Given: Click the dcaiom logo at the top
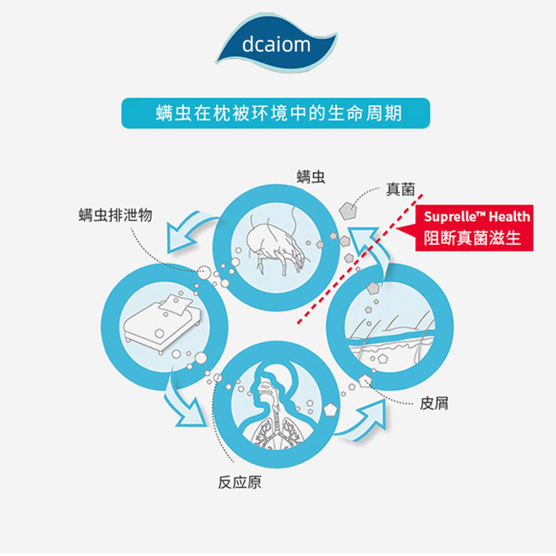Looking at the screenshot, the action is pyautogui.click(x=277, y=47).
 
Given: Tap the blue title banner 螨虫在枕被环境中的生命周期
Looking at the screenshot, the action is pyautogui.click(x=277, y=113).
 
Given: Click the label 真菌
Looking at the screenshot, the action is pyautogui.click(x=400, y=189).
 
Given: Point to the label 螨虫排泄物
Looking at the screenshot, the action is pyautogui.click(x=115, y=215).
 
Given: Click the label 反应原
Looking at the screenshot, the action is pyautogui.click(x=240, y=482).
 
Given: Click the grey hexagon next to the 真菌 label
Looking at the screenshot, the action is pyautogui.click(x=345, y=208).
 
